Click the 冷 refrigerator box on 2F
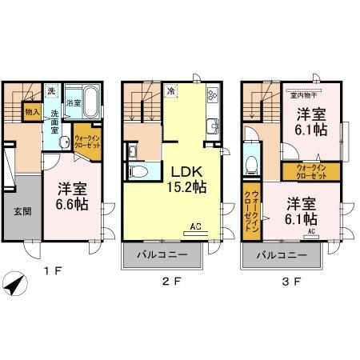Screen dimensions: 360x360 click(170, 92)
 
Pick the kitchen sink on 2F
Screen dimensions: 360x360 click(214, 125)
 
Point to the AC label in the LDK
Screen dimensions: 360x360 click(196, 227)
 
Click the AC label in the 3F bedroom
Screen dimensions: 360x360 click(313, 233)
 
